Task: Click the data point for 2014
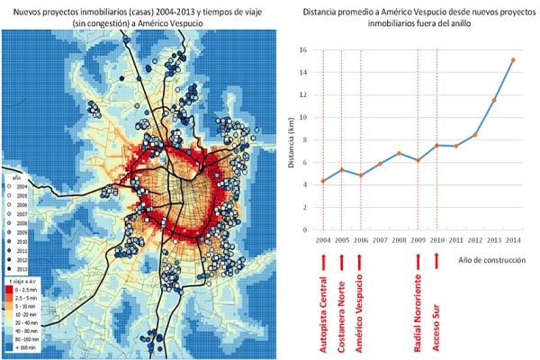(512, 60)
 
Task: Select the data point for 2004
(322, 181)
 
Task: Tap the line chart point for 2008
(399, 153)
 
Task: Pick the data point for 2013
(493, 99)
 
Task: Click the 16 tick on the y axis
(302, 50)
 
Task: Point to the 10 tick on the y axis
(302, 118)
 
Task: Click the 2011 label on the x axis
(455, 240)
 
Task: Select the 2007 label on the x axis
(379, 240)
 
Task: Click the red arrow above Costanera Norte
(341, 260)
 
